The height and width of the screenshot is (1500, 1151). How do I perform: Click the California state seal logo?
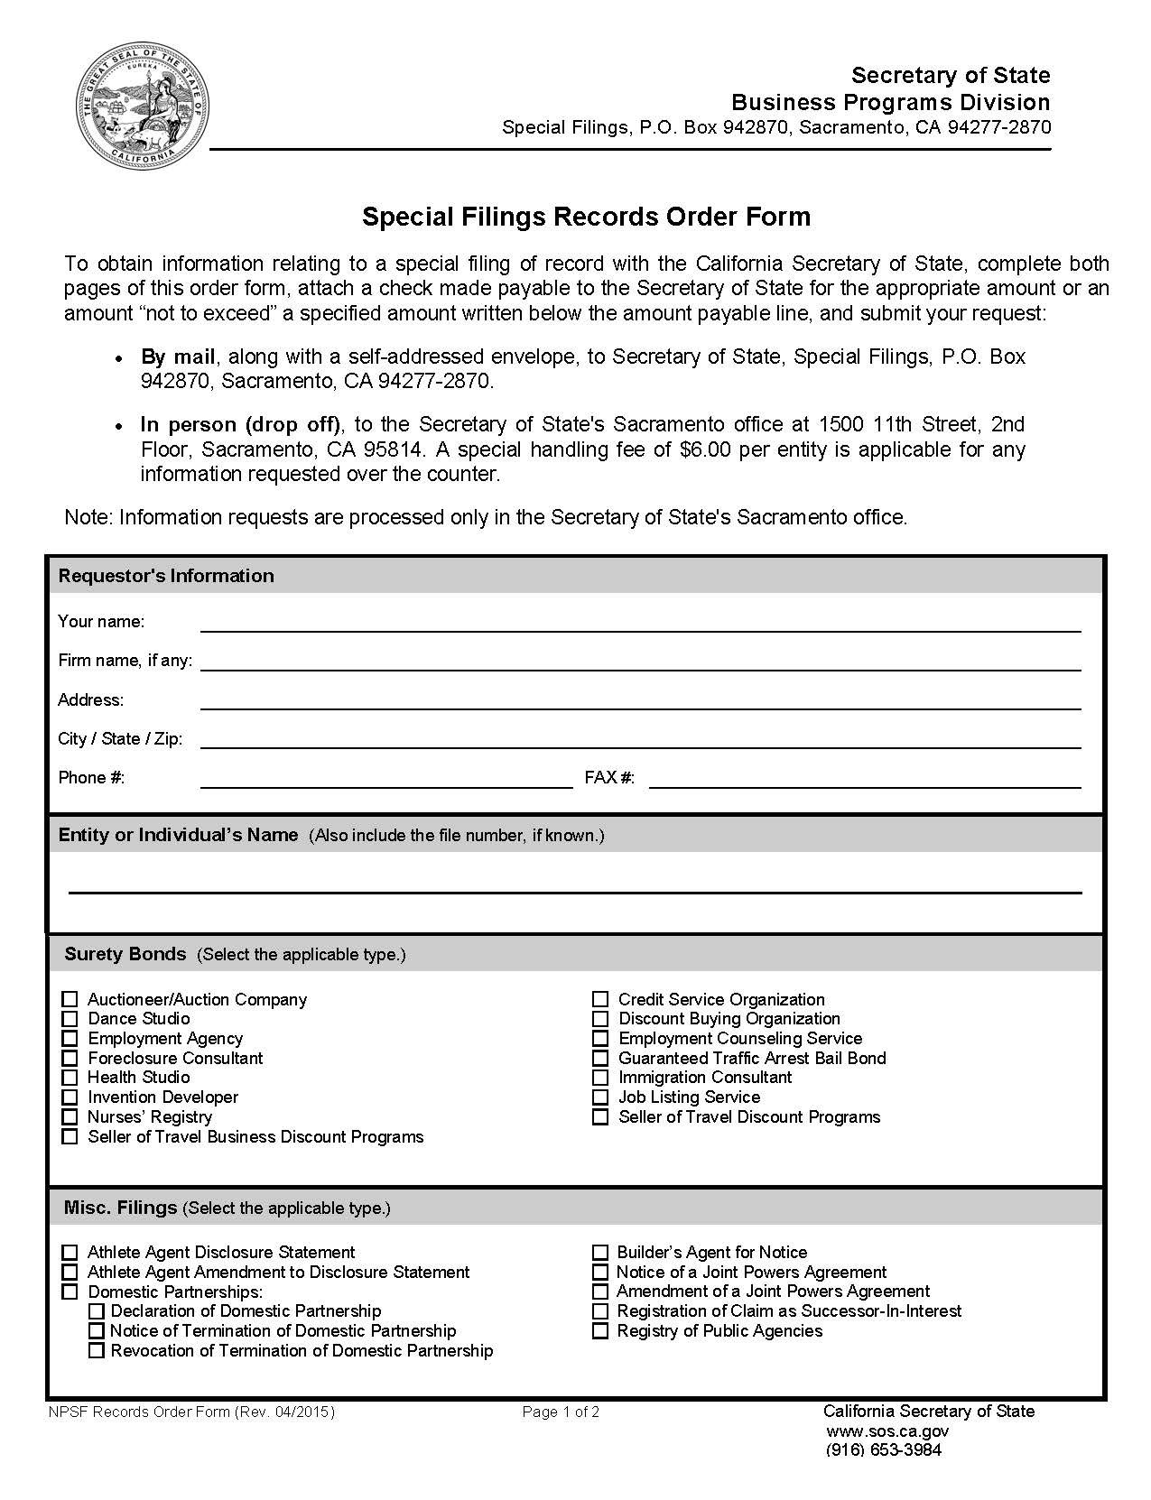[x=143, y=106]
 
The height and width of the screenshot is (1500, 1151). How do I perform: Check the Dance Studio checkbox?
[x=70, y=1019]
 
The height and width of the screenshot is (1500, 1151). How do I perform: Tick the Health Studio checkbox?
[x=70, y=1078]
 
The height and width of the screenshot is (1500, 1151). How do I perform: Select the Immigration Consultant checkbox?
[x=600, y=1078]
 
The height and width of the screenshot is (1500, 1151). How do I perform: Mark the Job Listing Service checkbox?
[x=600, y=1097]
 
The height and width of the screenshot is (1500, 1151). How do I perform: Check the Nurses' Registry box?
[x=70, y=1117]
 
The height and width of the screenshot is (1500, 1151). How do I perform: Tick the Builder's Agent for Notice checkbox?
[x=600, y=1253]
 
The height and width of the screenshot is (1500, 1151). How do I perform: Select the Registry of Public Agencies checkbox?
[x=600, y=1331]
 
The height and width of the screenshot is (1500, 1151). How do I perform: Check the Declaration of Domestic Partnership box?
[x=97, y=1311]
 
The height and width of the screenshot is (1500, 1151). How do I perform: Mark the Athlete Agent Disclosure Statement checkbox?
[x=70, y=1253]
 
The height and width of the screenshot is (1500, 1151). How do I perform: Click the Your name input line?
[x=640, y=622]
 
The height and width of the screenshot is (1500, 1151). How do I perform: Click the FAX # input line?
[x=865, y=778]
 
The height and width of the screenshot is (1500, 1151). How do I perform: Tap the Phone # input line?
[x=386, y=778]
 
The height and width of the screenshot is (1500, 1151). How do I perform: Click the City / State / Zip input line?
[x=640, y=739]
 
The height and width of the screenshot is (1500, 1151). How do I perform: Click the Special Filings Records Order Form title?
[x=586, y=217]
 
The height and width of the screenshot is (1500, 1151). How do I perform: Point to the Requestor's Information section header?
[x=166, y=576]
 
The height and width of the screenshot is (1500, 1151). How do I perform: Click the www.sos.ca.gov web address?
[x=886, y=1431]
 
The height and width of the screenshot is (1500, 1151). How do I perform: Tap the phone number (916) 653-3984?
[x=883, y=1450]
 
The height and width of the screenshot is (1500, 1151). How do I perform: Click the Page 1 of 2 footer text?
[x=561, y=1412]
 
